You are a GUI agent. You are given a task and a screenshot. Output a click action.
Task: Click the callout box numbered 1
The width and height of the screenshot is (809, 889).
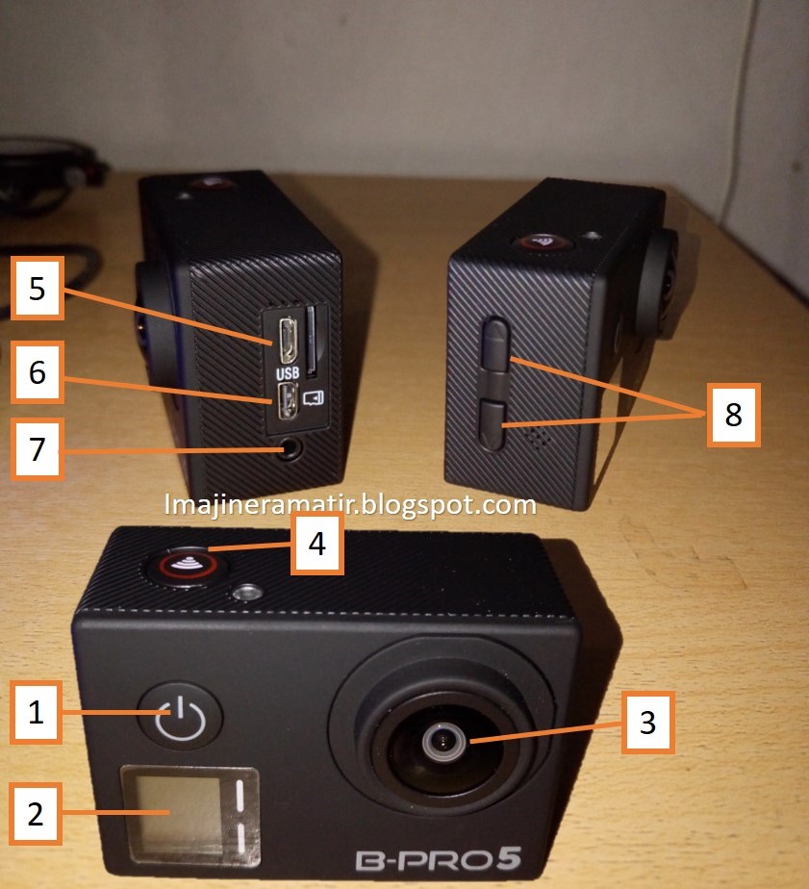(x=37, y=712)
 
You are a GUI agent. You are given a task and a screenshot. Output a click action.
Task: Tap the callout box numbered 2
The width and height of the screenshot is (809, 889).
(x=37, y=814)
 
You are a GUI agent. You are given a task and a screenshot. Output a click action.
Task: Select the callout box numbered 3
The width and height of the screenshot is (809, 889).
(x=648, y=723)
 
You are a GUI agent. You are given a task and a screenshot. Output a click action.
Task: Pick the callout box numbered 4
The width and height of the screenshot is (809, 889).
(x=317, y=544)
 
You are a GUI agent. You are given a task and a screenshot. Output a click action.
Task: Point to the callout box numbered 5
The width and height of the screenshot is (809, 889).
(x=38, y=288)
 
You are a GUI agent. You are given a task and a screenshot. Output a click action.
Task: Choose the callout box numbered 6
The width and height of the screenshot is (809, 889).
(x=38, y=372)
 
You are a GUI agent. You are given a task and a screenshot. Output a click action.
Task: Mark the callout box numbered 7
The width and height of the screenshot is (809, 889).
(x=38, y=449)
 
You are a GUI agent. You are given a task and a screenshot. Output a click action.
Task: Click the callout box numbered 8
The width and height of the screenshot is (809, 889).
(x=734, y=415)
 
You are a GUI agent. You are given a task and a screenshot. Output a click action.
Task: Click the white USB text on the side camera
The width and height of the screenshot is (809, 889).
(x=288, y=373)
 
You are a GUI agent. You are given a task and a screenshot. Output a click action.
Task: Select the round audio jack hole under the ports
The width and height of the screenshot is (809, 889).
(x=291, y=448)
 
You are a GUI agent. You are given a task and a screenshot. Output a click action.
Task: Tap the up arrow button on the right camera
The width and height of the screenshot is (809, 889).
(x=496, y=344)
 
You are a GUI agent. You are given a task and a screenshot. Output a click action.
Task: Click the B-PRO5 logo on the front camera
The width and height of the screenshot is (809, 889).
(x=439, y=859)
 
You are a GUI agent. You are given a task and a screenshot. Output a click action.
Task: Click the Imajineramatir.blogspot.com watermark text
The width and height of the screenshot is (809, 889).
(x=350, y=504)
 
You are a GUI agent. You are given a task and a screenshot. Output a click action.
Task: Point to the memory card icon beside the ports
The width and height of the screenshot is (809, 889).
(x=313, y=397)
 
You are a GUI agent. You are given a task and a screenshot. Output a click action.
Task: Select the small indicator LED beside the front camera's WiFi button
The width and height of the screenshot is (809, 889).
(x=246, y=594)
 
